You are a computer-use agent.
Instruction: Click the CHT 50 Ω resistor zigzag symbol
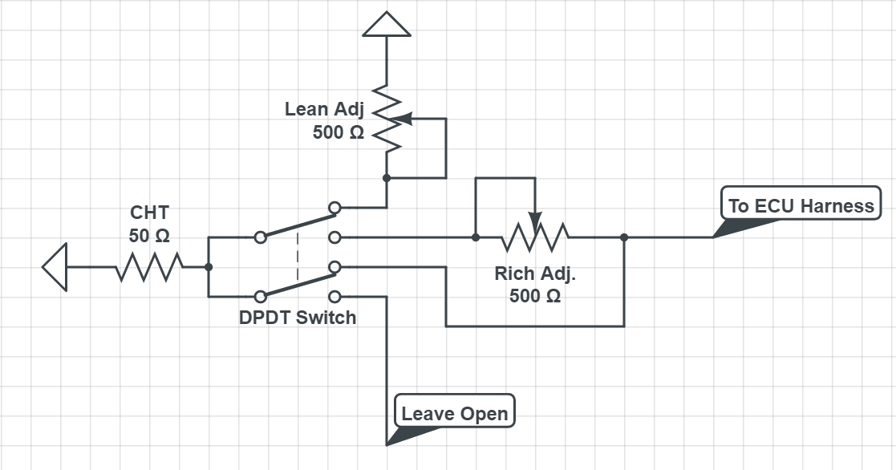point(150,267)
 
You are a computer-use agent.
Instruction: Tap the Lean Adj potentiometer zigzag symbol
point(387,119)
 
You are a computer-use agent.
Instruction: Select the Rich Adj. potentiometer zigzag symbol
point(535,237)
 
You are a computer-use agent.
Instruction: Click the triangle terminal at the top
point(387,25)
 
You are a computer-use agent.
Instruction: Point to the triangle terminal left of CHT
point(55,267)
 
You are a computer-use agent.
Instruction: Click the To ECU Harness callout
point(800,205)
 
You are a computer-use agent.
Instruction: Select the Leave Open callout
point(454,414)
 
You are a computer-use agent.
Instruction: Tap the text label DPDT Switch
point(297,318)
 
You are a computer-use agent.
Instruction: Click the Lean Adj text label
point(324,109)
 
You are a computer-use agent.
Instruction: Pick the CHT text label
point(149,213)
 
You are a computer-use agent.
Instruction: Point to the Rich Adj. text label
point(535,273)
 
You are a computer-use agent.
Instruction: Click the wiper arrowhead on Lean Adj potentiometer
point(403,119)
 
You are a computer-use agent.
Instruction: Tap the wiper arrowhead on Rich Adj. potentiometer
point(535,218)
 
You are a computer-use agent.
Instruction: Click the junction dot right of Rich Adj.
point(624,237)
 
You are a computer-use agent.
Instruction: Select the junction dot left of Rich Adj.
point(476,237)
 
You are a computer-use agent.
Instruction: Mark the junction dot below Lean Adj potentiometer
point(387,178)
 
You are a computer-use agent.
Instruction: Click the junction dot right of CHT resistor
point(208,267)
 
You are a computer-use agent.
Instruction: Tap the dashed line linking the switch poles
point(297,257)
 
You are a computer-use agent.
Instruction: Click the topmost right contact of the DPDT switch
point(335,208)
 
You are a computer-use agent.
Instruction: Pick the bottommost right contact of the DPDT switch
point(335,296)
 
